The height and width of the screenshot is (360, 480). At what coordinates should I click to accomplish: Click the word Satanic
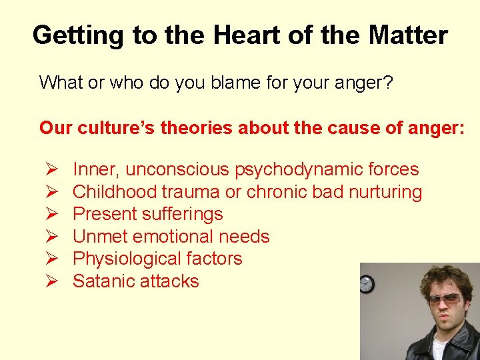pyautogui.click(x=101, y=281)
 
